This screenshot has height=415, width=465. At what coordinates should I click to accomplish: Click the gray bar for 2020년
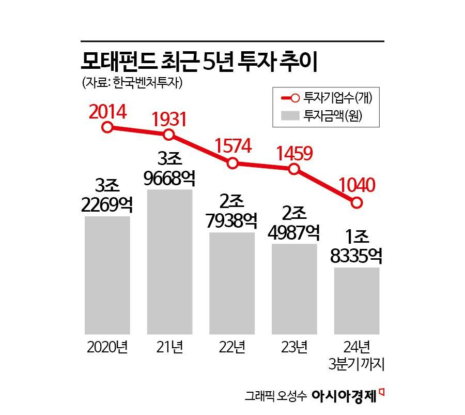(107, 275)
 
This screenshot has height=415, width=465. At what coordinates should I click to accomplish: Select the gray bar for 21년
(170, 261)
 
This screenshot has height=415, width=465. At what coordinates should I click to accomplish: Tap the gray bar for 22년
(232, 283)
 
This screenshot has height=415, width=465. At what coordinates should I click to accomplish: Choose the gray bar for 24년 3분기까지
(357, 301)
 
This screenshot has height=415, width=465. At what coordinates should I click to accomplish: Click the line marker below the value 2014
(107, 127)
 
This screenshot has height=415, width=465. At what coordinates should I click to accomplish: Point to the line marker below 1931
(169, 135)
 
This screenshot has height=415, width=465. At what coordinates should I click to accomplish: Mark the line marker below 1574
(233, 164)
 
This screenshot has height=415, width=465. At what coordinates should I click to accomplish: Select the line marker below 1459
(294, 169)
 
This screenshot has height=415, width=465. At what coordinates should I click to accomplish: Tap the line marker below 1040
(356, 202)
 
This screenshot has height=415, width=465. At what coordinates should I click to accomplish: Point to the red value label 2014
(107, 111)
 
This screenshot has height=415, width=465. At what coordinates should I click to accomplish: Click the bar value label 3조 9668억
(170, 168)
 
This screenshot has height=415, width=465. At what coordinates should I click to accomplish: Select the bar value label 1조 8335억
(357, 246)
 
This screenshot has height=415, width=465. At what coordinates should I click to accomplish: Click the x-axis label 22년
(232, 346)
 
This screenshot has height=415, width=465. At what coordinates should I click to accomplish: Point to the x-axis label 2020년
(107, 346)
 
